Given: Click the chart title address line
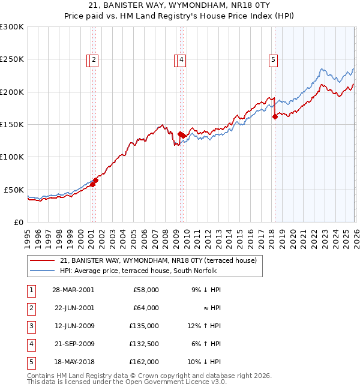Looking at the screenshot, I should pos(180,5).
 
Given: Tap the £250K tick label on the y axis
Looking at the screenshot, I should pos(12,59).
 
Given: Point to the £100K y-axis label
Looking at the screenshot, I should pos(12,157).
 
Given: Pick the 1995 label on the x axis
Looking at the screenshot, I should pos(28,235).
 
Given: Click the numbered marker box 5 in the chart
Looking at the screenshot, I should pos(273,59).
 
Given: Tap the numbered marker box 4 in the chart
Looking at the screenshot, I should pos(181,59).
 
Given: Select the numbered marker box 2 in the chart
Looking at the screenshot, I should pos(95,59).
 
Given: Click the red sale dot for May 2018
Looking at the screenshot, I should pos(275,117).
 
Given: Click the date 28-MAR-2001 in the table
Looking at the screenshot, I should pos(73,290).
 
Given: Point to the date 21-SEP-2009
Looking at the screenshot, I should pos(73,344).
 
